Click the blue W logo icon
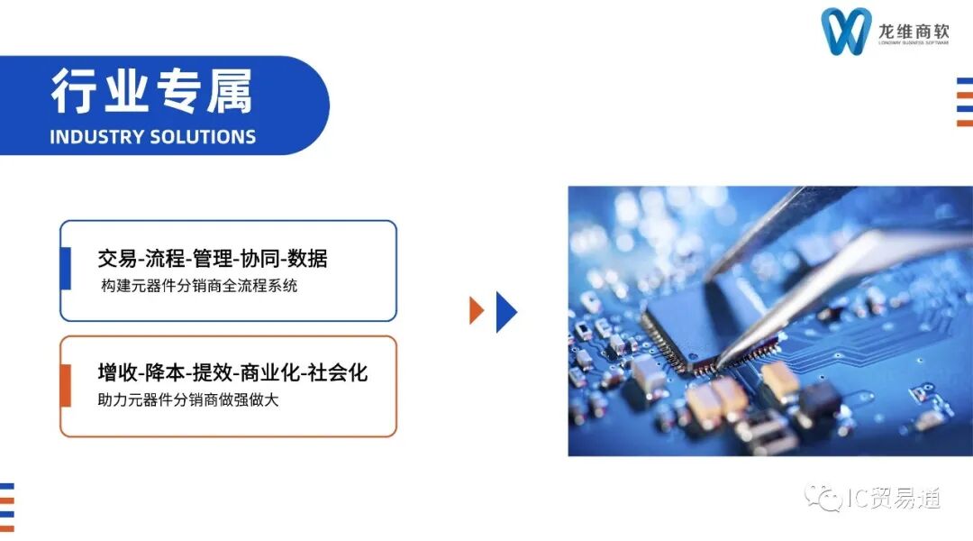[x=846, y=32]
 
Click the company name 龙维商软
[x=914, y=31]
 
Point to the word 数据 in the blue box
[x=308, y=259]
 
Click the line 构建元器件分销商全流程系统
[x=199, y=286]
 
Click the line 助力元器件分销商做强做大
[x=188, y=399]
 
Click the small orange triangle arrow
[x=476, y=310]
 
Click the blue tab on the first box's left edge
[x=65, y=269]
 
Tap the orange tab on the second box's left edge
[x=65, y=385]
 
